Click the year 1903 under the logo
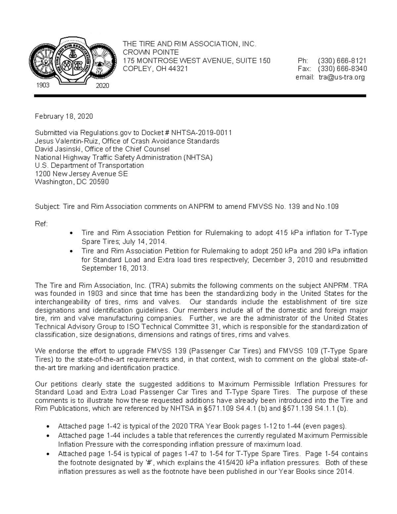pyautogui.click(x=42, y=85)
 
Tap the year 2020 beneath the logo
pyautogui.click(x=102, y=86)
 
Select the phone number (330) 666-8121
pyautogui.click(x=342, y=61)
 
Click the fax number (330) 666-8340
pyautogui.click(x=342, y=69)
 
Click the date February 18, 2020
pyautogui.click(x=64, y=117)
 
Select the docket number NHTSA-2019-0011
pyautogui.click(x=203, y=133)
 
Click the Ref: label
pyautogui.click(x=41, y=224)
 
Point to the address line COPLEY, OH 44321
pyautogui.click(x=155, y=69)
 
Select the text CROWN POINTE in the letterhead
pyautogui.click(x=151, y=52)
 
